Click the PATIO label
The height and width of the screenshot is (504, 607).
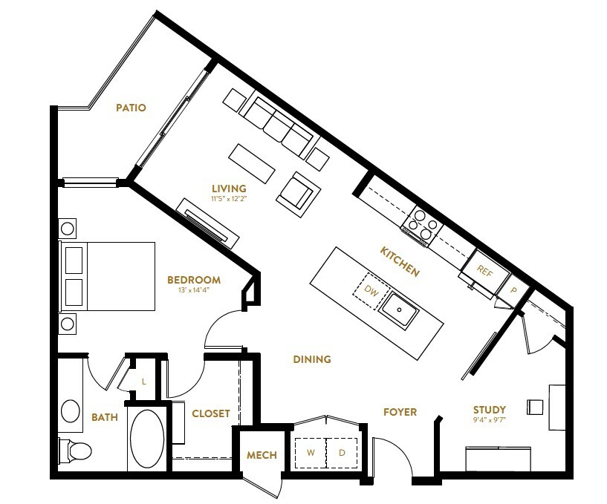(132, 108)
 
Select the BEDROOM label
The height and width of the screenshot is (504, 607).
(194, 280)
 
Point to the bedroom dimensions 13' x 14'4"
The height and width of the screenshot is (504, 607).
(194, 290)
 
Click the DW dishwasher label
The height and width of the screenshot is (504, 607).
(371, 291)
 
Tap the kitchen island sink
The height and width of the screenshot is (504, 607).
(399, 310)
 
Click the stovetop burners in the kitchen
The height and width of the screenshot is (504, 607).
(421, 224)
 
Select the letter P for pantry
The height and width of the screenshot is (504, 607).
(513, 290)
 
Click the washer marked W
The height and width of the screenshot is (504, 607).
(311, 452)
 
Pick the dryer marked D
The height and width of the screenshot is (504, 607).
(342, 452)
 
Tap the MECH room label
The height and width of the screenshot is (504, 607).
(262, 455)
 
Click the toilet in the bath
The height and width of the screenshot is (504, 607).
(75, 451)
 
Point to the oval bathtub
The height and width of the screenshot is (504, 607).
(147, 439)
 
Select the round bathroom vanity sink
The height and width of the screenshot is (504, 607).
(71, 411)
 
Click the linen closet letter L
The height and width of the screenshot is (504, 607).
(143, 382)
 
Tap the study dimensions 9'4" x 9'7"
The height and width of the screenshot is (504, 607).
(490, 419)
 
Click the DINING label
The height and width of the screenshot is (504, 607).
(312, 359)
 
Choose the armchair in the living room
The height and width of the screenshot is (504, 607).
(299, 194)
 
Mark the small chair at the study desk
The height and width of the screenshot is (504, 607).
(535, 408)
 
